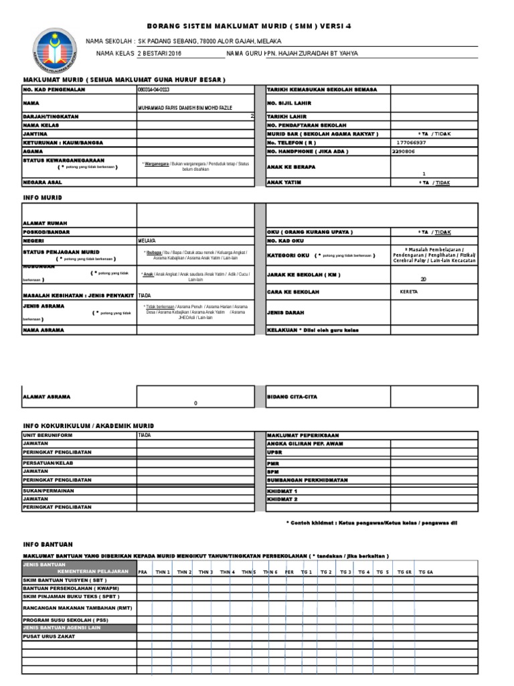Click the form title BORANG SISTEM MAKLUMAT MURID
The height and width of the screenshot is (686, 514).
point(248,26)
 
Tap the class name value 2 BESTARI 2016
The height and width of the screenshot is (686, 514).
point(159,54)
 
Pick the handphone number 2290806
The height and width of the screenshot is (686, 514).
point(404,151)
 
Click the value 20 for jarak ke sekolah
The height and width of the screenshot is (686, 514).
point(423,279)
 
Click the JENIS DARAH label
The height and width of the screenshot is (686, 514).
point(287,312)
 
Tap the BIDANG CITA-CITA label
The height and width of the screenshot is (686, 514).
point(292,397)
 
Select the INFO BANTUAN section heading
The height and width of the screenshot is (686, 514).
point(48,543)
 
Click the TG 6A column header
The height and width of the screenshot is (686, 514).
point(426,571)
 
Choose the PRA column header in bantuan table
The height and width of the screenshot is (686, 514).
point(142,571)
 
